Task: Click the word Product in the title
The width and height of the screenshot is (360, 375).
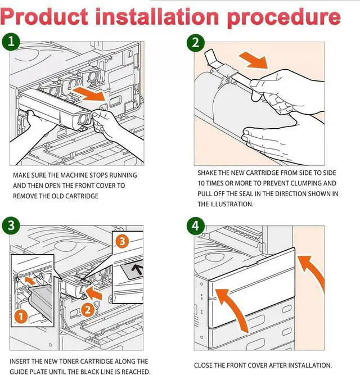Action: (x=44, y=17)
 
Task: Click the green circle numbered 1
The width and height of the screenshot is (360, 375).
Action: (x=11, y=42)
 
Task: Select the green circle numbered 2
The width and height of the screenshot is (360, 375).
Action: (x=196, y=43)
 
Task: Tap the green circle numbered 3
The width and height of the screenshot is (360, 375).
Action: (x=11, y=226)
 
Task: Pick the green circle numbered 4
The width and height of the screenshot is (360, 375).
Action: (x=196, y=226)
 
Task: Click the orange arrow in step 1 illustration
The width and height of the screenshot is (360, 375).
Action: (x=89, y=94)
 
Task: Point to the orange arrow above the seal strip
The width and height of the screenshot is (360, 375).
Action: (x=254, y=60)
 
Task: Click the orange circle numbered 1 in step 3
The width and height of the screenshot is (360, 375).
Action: (x=21, y=317)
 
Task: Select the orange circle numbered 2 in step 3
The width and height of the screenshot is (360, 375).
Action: (x=88, y=310)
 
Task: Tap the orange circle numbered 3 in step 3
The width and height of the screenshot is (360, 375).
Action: (x=122, y=241)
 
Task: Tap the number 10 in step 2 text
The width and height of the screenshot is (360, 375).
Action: (x=201, y=183)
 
